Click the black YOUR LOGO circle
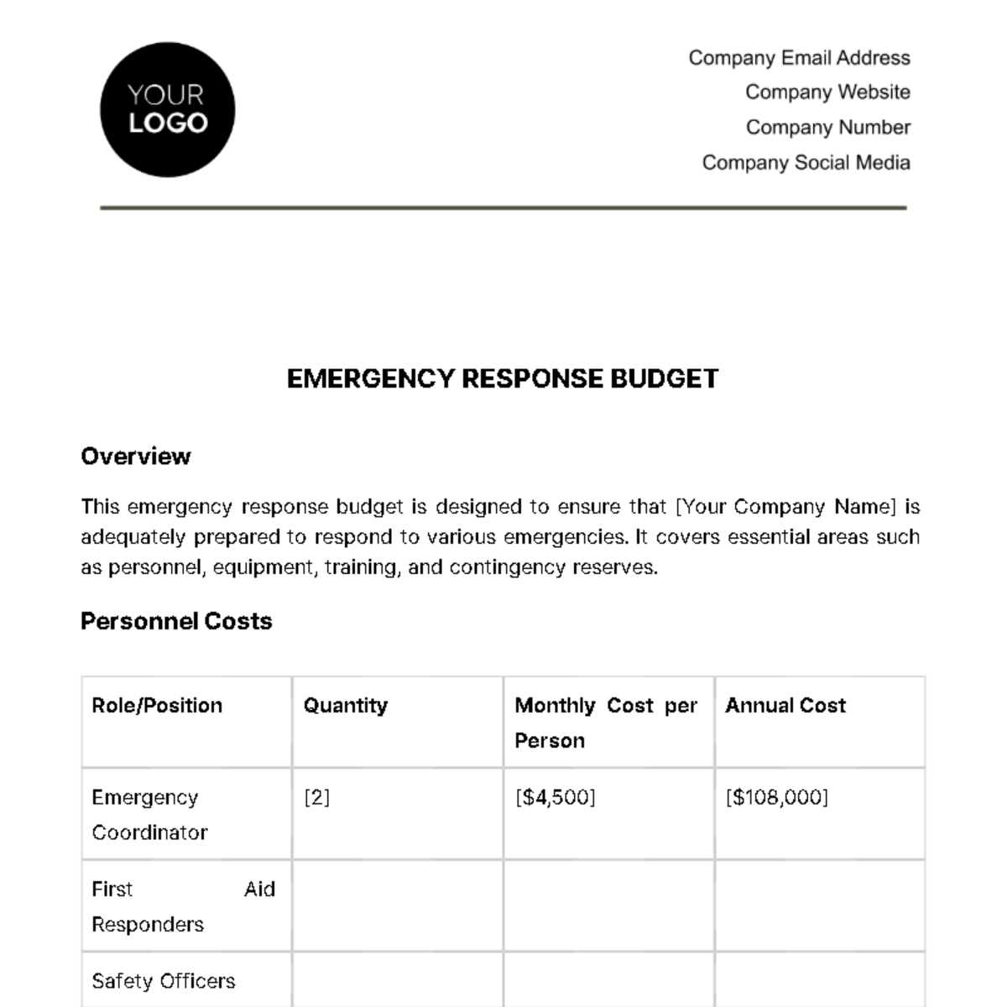click(x=167, y=110)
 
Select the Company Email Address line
click(x=799, y=58)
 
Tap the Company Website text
click(x=827, y=92)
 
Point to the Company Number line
click(x=827, y=128)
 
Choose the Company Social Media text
click(x=806, y=163)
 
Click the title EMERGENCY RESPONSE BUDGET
click(x=503, y=378)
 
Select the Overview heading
click(x=136, y=457)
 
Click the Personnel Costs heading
click(x=176, y=621)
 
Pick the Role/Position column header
click(x=157, y=706)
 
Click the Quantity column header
click(x=345, y=706)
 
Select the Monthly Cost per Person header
click(x=605, y=723)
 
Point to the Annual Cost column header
click(x=785, y=706)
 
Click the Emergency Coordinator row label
click(x=149, y=815)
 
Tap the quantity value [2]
click(x=316, y=797)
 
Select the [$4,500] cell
click(x=555, y=797)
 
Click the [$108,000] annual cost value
click(x=776, y=797)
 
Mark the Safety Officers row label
click(x=163, y=981)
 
